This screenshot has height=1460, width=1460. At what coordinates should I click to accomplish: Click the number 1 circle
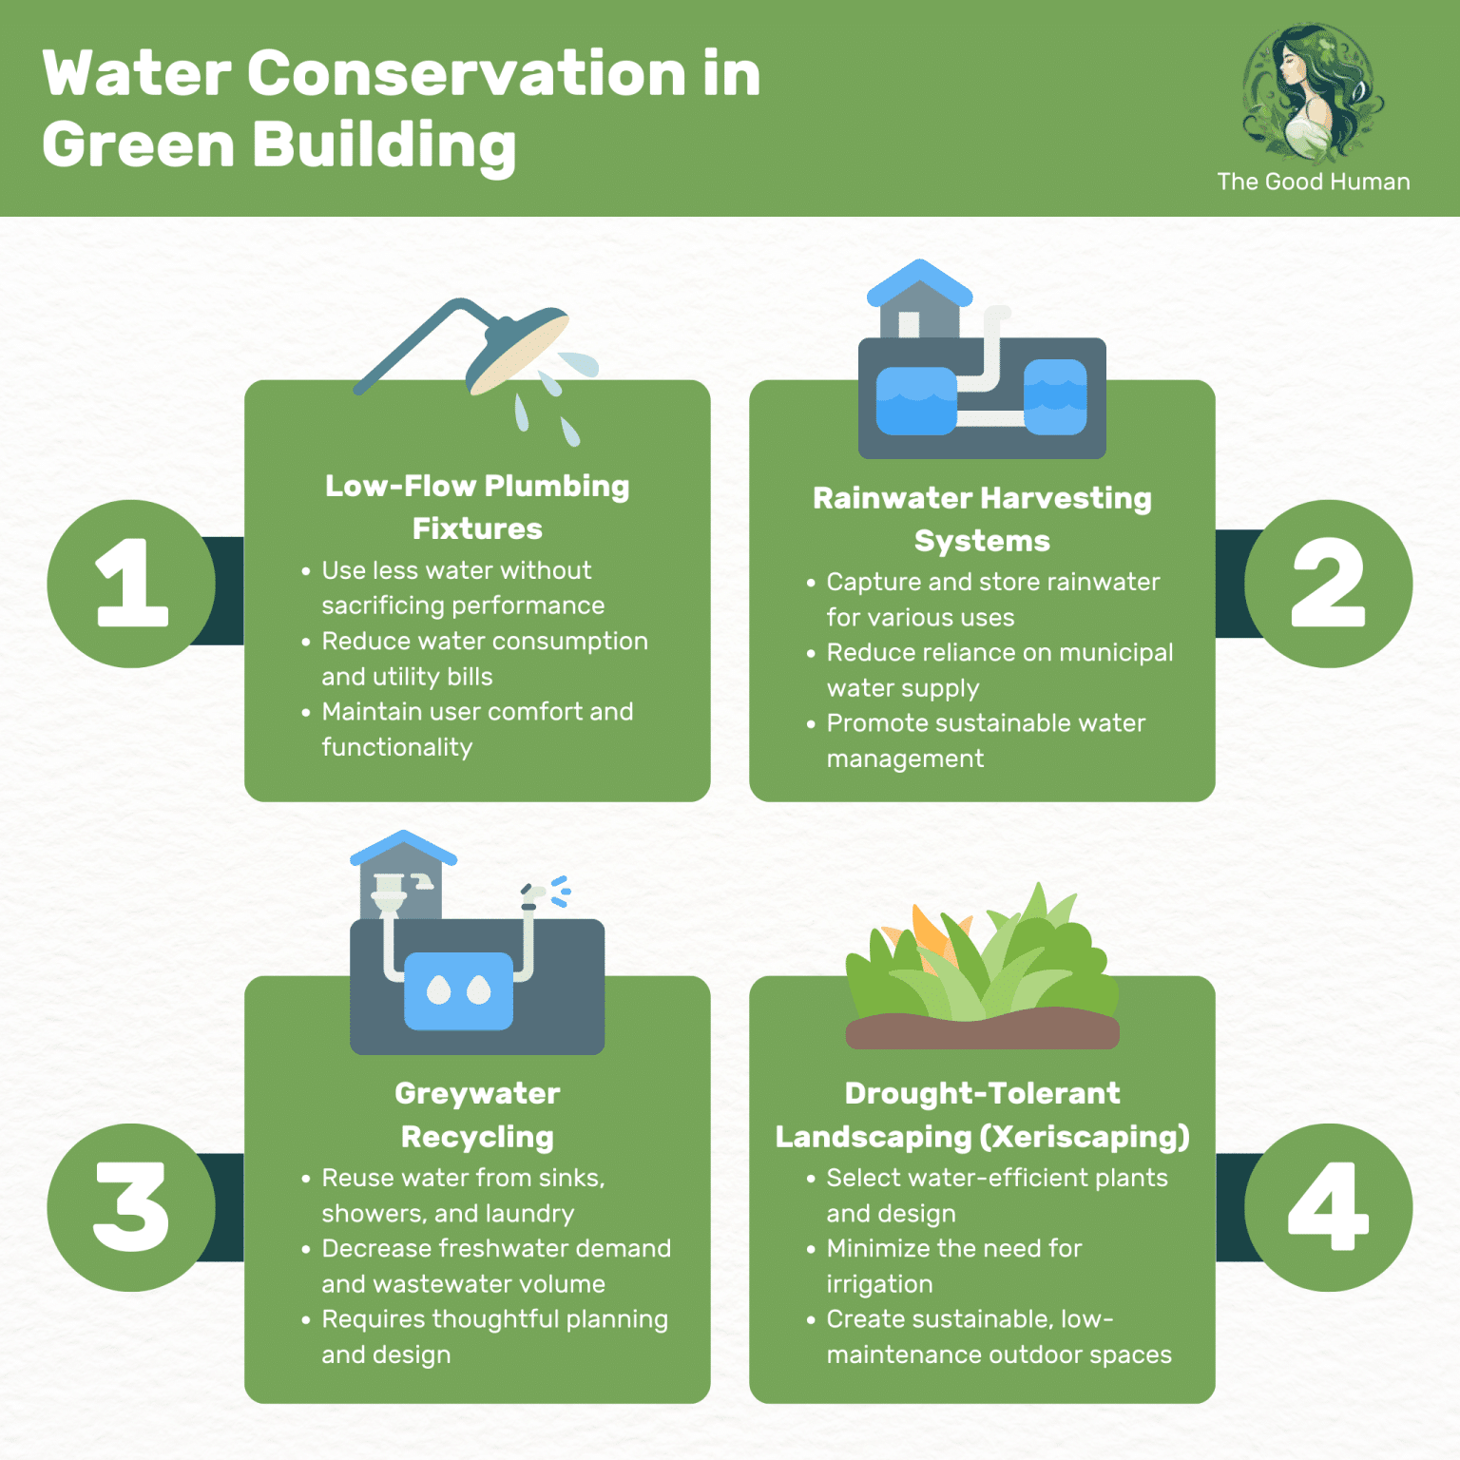tap(131, 584)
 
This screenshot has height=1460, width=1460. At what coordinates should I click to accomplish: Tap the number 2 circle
tap(1328, 584)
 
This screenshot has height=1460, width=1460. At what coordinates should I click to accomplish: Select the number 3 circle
tap(131, 1207)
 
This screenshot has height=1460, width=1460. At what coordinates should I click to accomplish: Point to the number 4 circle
tap(1328, 1207)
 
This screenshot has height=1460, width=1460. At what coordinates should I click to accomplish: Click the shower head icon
tap(518, 350)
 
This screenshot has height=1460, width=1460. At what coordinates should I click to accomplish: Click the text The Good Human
tap(1313, 182)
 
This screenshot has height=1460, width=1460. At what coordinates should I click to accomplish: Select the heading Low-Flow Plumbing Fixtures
tap(477, 507)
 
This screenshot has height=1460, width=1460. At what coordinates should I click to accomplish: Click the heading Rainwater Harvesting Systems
tap(982, 519)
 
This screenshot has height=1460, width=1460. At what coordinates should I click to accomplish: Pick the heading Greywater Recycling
tap(477, 1114)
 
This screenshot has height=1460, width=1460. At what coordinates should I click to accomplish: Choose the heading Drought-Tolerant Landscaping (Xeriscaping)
tap(982, 1114)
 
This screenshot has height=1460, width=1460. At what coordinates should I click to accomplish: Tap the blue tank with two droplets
tap(459, 990)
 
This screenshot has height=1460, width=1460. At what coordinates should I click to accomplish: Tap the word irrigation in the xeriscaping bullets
tap(879, 1284)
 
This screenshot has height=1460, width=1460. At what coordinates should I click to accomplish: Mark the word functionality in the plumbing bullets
tap(396, 747)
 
